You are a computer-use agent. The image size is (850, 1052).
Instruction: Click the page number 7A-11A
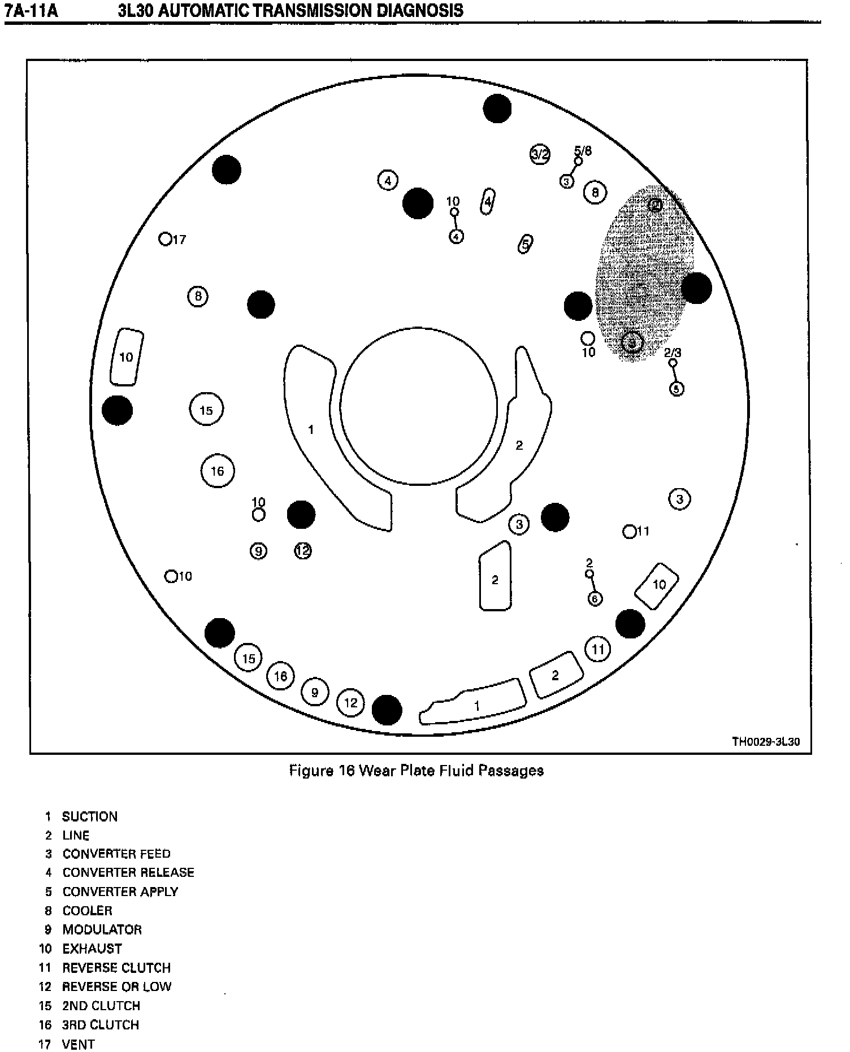[x=32, y=10]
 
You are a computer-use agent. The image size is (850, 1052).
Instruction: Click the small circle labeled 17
[x=165, y=239]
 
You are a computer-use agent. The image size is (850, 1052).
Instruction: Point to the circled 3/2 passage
[x=540, y=154]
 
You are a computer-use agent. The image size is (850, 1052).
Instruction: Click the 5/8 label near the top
[x=583, y=151]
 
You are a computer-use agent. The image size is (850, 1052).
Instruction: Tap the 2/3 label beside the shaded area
[x=673, y=353]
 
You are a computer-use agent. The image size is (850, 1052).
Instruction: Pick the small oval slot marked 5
[x=525, y=244]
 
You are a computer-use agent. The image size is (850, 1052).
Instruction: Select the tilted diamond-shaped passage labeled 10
[x=657, y=586]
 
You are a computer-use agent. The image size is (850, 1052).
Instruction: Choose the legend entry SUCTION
[x=89, y=816]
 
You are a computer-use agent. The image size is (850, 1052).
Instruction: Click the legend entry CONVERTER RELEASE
[x=128, y=872]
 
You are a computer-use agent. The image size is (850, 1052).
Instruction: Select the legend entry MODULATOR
[x=102, y=929]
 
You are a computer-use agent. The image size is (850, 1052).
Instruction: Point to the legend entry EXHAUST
[x=92, y=949]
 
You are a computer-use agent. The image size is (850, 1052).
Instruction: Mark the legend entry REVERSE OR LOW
[x=116, y=986]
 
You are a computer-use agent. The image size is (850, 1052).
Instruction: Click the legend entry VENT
[x=78, y=1044]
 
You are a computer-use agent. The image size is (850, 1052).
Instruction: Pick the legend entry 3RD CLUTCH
[x=101, y=1025]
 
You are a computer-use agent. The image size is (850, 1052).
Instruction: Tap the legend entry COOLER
[x=87, y=911]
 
